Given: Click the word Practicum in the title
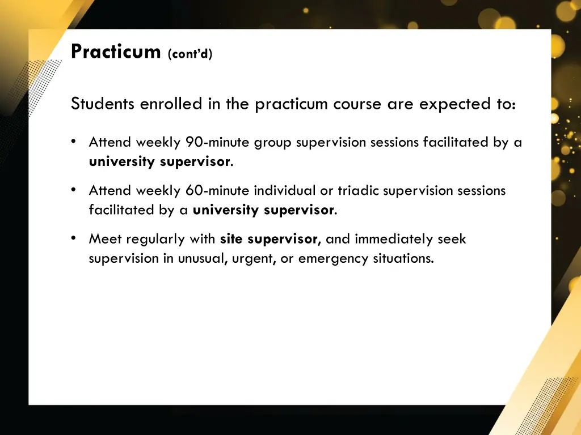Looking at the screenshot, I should (116, 52).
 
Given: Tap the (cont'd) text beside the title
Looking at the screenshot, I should (190, 54).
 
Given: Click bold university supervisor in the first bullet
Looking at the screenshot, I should (159, 162).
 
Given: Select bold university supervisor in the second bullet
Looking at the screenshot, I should (263, 210).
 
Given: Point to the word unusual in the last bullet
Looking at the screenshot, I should (203, 259).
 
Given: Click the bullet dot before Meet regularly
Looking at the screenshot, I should (74, 238).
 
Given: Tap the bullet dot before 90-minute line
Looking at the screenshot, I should (74, 142).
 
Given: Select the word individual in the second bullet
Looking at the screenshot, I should (285, 191).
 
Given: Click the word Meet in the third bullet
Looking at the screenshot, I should (105, 239).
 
